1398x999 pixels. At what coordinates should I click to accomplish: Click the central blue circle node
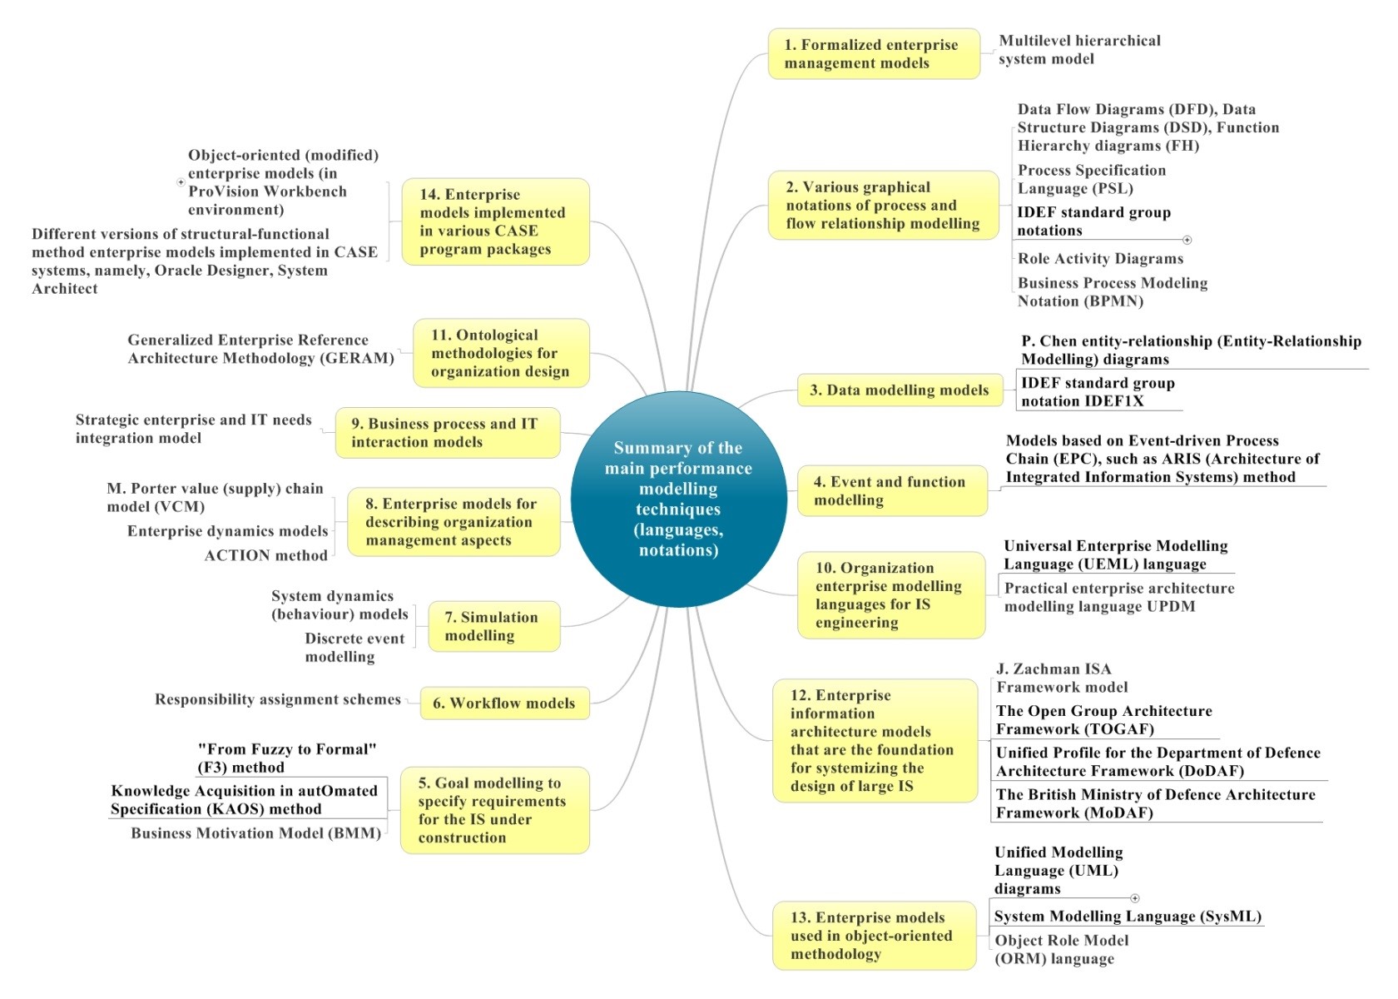point(678,499)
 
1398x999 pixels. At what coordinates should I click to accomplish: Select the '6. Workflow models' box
point(505,703)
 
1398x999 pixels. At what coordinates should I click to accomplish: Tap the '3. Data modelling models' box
point(900,390)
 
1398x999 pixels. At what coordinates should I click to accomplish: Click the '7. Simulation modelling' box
point(494,626)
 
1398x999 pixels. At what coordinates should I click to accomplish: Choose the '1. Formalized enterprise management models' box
point(874,53)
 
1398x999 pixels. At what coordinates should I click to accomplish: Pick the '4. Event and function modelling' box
point(892,491)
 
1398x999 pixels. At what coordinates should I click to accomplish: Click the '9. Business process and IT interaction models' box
point(448,433)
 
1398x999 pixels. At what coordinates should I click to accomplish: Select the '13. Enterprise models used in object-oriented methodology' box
point(875,936)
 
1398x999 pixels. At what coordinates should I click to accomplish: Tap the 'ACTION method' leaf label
point(266,556)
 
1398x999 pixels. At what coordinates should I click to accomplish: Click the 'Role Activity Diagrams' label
point(1100,258)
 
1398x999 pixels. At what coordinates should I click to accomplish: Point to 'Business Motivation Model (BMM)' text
point(256,832)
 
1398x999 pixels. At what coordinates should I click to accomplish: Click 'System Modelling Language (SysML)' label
point(1128,916)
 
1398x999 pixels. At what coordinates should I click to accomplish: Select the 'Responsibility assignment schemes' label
point(278,699)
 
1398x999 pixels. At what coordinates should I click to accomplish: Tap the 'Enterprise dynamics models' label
point(228,531)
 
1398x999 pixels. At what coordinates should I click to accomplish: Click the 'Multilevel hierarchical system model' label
point(1080,49)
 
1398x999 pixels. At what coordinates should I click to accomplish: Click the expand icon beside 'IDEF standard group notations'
point(1187,240)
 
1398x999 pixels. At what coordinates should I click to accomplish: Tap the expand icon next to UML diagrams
point(1135,897)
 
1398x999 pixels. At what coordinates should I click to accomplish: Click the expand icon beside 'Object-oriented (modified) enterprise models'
point(181,182)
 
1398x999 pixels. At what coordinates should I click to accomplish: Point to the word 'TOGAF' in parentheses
point(1119,728)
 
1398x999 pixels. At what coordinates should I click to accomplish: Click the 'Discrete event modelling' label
point(354,648)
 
